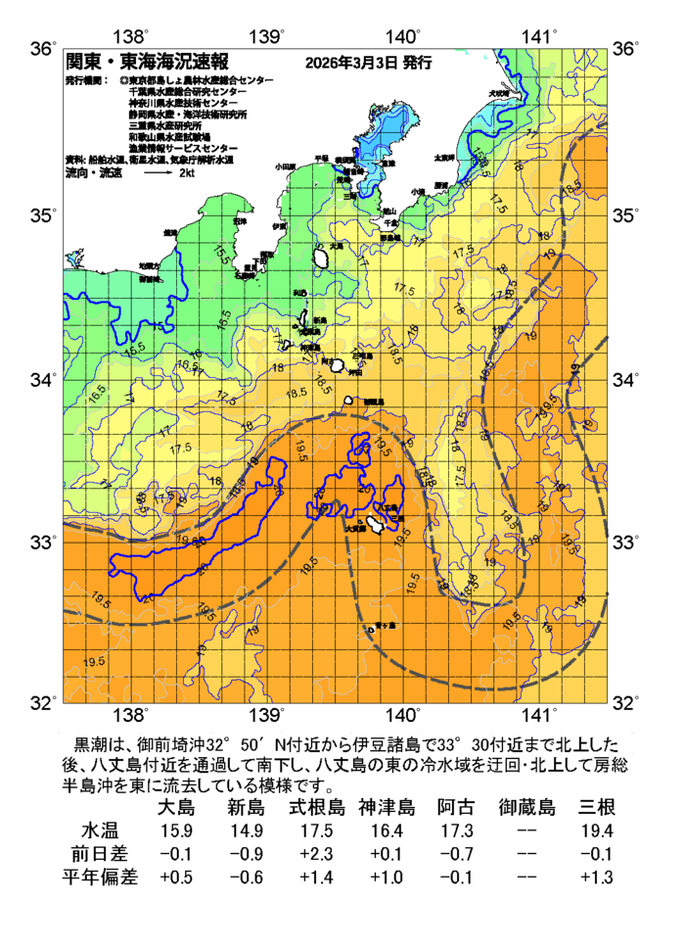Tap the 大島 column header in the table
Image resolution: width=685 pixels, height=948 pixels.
[176, 808]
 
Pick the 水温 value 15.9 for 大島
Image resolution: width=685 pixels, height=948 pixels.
[176, 830]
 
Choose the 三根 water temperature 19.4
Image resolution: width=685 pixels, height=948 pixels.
[596, 830]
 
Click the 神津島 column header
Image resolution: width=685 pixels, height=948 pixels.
[387, 808]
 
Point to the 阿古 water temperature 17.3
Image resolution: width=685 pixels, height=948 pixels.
[456, 830]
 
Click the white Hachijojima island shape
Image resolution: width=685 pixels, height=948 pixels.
[374, 527]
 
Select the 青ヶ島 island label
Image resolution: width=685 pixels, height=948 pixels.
[386, 625]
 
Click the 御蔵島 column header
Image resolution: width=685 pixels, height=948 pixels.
[526, 808]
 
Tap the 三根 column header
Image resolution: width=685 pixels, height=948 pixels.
[596, 808]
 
